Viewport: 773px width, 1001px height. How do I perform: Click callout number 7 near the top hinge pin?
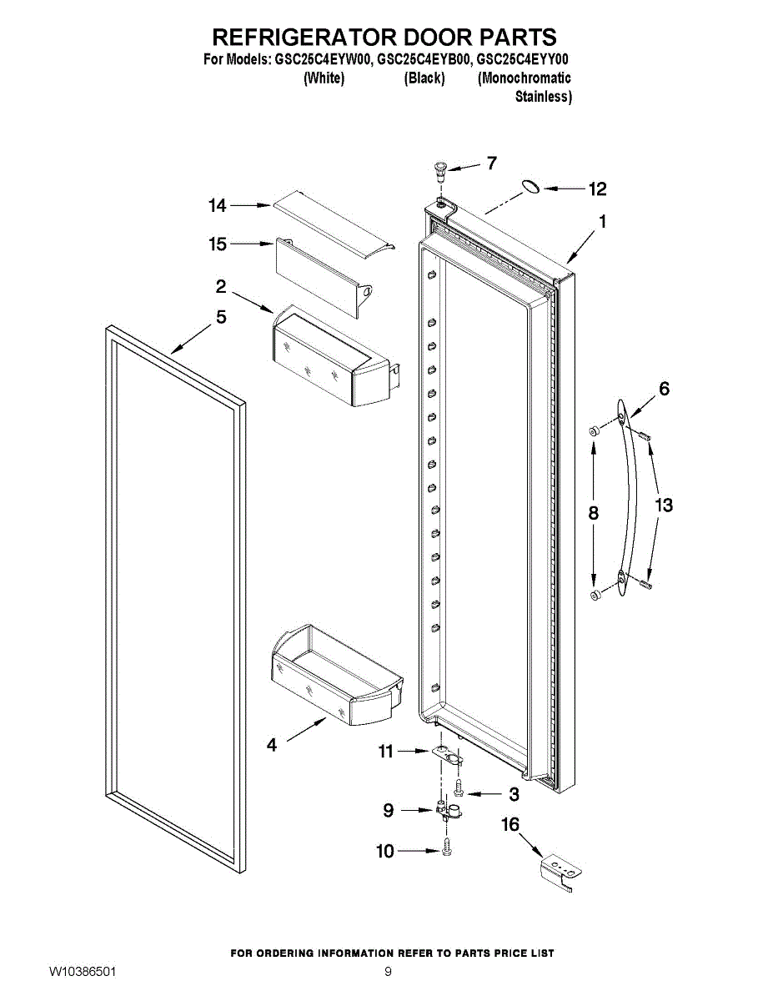point(492,163)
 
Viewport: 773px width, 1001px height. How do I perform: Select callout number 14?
point(218,205)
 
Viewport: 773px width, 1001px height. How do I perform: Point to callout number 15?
point(218,244)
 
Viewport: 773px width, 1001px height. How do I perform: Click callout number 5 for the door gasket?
point(221,318)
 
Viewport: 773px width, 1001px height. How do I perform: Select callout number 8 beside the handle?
point(594,514)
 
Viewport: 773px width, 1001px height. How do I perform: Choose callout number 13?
point(664,506)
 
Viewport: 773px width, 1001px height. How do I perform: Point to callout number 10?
point(385,852)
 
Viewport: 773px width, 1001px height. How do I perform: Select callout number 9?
point(389,809)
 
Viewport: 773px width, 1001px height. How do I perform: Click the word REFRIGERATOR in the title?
point(304,38)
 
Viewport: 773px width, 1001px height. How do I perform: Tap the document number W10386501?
point(83,973)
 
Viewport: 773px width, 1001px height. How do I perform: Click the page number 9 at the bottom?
point(388,973)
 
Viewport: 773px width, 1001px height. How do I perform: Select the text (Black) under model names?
point(424,78)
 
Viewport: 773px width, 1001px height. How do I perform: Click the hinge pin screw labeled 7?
point(439,172)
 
